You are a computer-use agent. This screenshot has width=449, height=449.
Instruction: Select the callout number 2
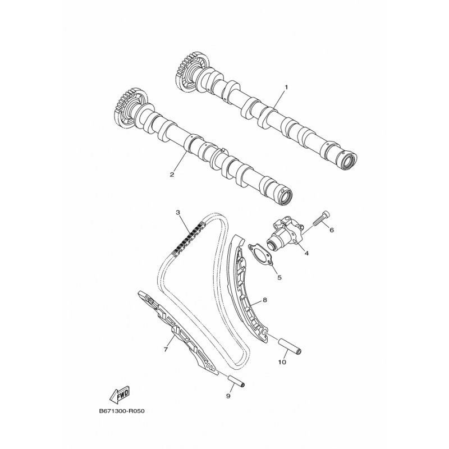click(x=172, y=175)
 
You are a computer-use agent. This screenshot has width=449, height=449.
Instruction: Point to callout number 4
click(x=306, y=254)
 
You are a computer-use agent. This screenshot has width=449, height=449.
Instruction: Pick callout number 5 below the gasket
click(x=278, y=276)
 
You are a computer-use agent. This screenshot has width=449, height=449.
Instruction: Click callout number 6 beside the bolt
click(x=331, y=230)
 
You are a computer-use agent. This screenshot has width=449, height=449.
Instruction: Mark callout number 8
click(x=264, y=300)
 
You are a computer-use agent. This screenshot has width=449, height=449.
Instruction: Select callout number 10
click(x=282, y=362)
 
